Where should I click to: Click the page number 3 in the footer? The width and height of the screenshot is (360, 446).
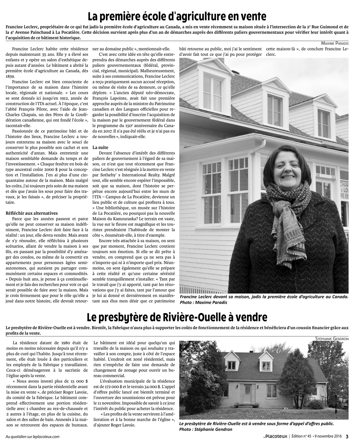347,437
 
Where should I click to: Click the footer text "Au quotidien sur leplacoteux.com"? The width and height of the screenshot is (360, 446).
33,437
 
